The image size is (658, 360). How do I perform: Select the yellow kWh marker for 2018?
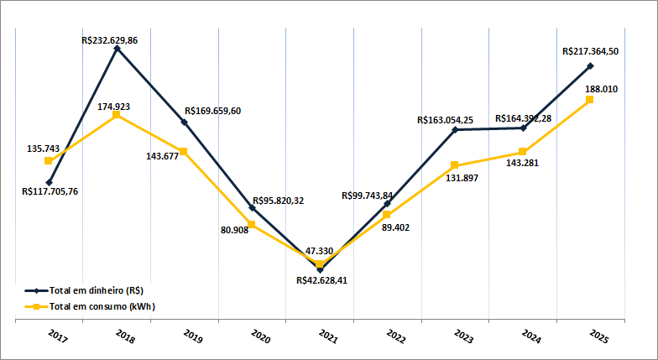(117, 114)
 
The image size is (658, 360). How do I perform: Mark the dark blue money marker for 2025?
(590, 65)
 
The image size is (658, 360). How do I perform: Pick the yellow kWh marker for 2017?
(49, 161)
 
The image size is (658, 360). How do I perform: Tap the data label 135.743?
(44, 149)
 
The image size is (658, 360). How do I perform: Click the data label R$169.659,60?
(212, 111)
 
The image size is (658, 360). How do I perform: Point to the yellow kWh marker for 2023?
(454, 165)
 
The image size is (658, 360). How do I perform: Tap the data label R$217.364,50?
(591, 51)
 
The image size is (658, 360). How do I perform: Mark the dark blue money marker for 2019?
(185, 123)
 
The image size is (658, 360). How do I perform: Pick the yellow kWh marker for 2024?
(522, 152)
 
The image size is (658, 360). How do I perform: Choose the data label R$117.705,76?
(50, 190)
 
